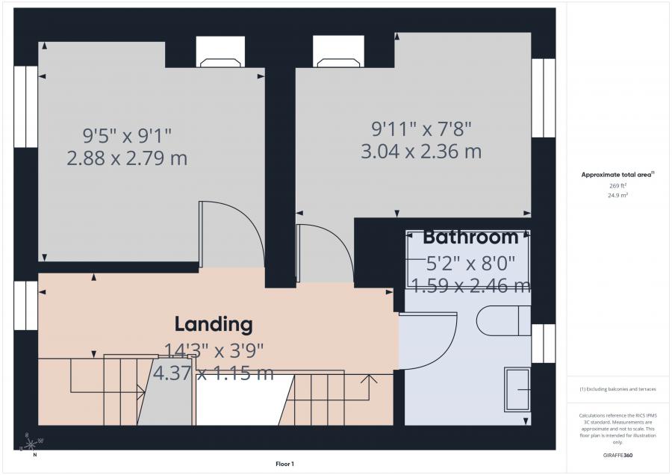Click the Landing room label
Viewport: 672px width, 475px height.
pyautogui.click(x=214, y=324)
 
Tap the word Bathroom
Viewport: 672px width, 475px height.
pyautogui.click(x=470, y=237)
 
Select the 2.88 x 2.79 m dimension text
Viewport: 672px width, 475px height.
pyautogui.click(x=127, y=158)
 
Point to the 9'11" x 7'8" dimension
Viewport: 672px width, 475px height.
pyautogui.click(x=421, y=128)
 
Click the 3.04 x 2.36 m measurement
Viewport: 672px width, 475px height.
pyautogui.click(x=421, y=152)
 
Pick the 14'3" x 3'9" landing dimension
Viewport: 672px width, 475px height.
pyautogui.click(x=214, y=351)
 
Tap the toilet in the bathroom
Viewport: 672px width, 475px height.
pyautogui.click(x=504, y=320)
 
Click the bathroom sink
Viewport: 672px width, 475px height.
pyautogui.click(x=517, y=390)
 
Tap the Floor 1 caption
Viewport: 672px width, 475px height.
pyautogui.click(x=284, y=464)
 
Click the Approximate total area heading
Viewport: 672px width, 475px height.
pyautogui.click(x=617, y=175)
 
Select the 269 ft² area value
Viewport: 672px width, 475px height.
pyautogui.click(x=617, y=186)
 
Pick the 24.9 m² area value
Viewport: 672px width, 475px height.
pyautogui.click(x=617, y=195)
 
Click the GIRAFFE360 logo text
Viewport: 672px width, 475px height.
pyautogui.click(x=617, y=456)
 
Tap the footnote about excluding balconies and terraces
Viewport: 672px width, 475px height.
pyautogui.click(x=617, y=389)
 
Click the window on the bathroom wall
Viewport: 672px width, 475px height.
pyautogui.click(x=544, y=344)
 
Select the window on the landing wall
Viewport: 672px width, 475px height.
pyautogui.click(x=25, y=305)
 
